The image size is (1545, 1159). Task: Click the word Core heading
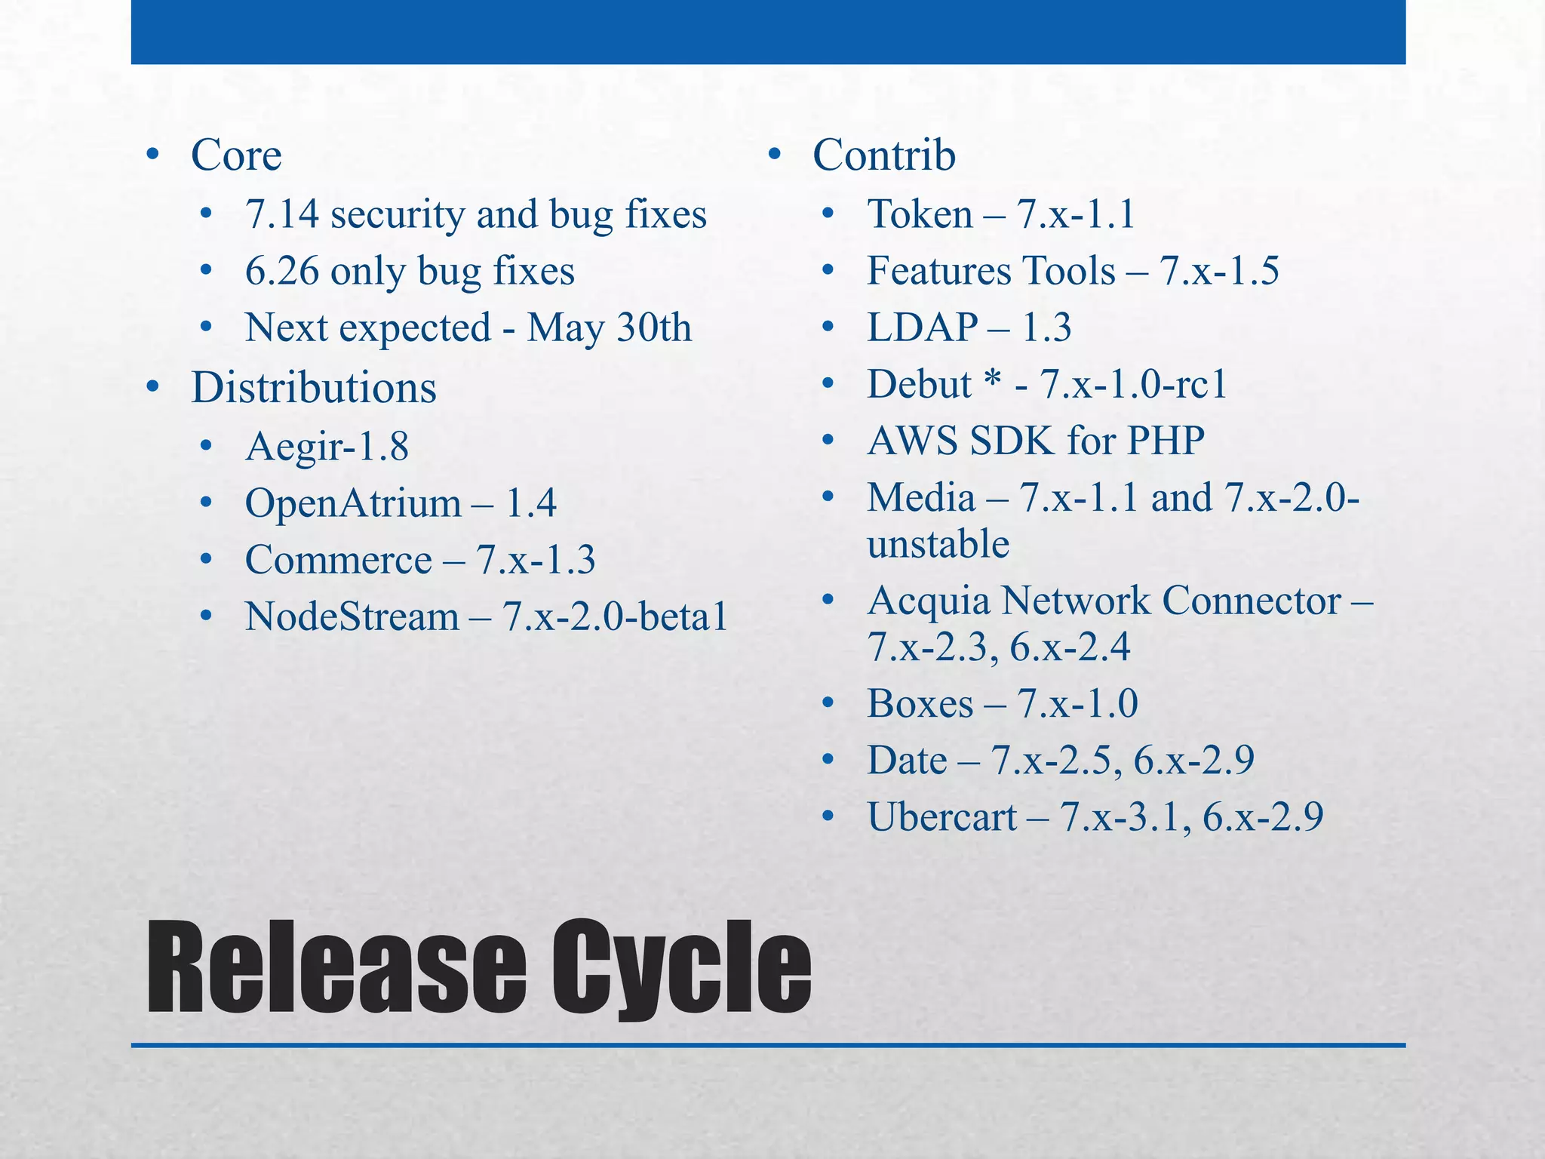[x=236, y=155]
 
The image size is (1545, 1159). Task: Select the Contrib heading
[x=883, y=155]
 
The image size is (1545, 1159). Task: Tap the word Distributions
[x=313, y=388]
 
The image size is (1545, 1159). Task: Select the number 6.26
[x=282, y=271]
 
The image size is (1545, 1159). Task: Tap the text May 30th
[x=609, y=327]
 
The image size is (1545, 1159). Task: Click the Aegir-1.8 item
[x=327, y=446]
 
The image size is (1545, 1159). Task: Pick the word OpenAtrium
[x=352, y=503]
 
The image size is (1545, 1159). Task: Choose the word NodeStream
[x=352, y=616]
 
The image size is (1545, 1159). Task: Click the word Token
[x=920, y=214]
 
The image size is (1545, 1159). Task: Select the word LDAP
[x=922, y=327]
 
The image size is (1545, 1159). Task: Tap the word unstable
[x=938, y=544]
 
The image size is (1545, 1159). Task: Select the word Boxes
[x=920, y=703]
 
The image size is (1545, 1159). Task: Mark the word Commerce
[x=338, y=560]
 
